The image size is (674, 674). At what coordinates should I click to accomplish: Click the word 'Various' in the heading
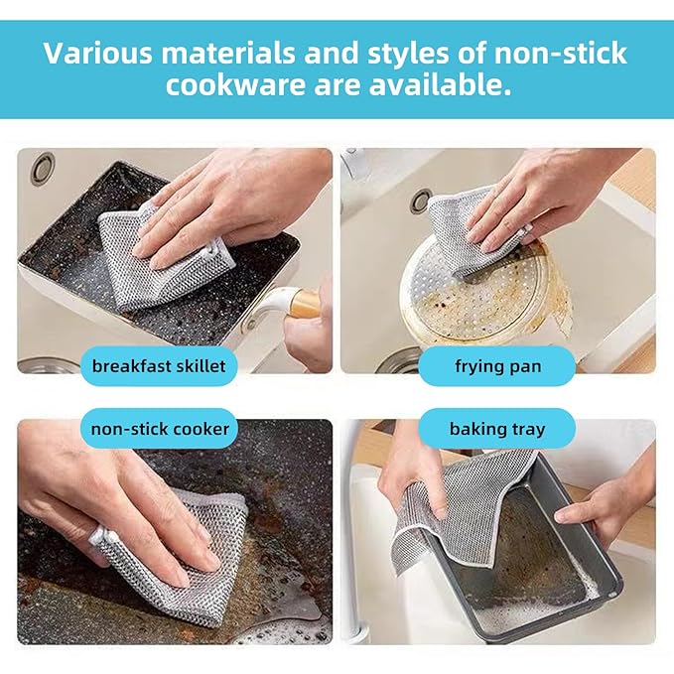(x=98, y=53)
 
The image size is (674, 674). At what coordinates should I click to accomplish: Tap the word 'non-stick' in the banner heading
(x=560, y=53)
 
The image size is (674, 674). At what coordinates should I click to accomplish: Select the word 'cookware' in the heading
(x=235, y=84)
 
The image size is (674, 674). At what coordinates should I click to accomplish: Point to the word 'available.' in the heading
(x=440, y=84)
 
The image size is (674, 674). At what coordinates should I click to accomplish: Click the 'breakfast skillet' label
(x=159, y=366)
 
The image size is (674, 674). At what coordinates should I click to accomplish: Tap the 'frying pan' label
(x=497, y=366)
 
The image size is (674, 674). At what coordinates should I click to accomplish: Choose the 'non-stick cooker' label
(x=160, y=429)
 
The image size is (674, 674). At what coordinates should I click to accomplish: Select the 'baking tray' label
(x=497, y=429)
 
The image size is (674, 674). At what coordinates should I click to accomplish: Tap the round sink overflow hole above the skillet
(x=43, y=168)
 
